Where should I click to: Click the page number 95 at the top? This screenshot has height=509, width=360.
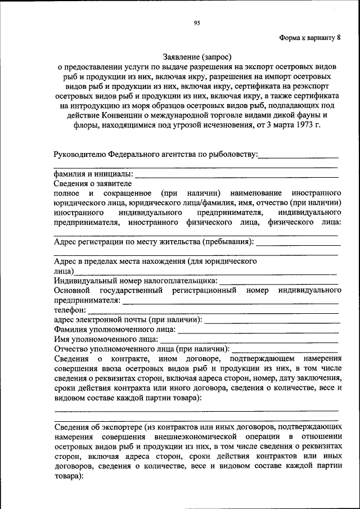tap(197, 23)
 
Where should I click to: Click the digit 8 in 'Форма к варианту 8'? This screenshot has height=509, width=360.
tap(339, 38)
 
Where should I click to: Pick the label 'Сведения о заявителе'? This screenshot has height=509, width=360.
tap(93, 183)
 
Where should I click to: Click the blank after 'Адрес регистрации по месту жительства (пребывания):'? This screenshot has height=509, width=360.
tap(298, 243)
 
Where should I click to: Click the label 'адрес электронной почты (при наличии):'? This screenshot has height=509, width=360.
tap(128, 319)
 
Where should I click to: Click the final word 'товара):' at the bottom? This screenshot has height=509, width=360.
tap(68, 476)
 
